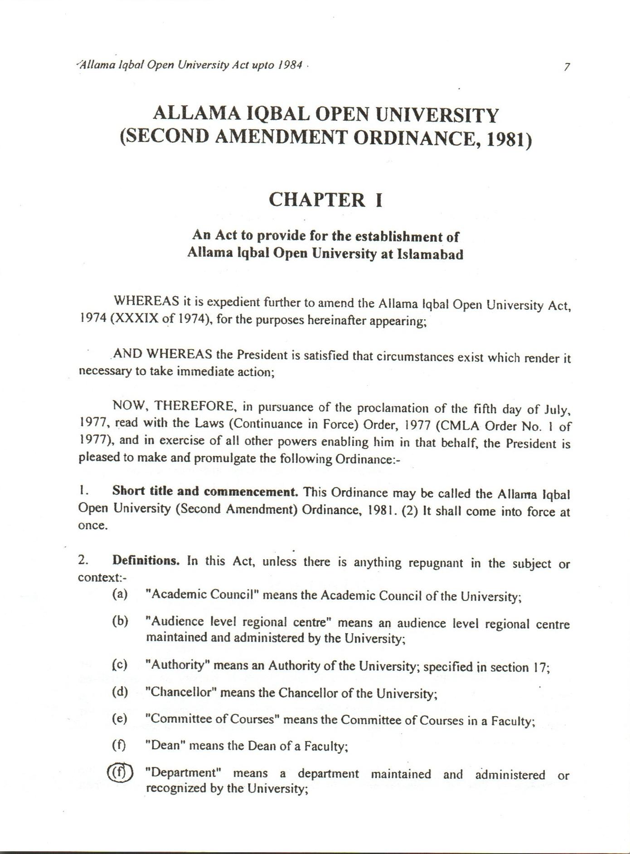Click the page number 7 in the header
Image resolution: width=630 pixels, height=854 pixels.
[567, 67]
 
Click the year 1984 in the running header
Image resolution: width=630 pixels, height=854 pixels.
[291, 65]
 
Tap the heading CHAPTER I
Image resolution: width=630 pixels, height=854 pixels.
[326, 200]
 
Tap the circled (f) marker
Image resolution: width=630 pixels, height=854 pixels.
[120, 772]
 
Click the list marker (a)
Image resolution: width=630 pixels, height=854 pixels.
[120, 594]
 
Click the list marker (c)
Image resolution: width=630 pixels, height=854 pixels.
[120, 665]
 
